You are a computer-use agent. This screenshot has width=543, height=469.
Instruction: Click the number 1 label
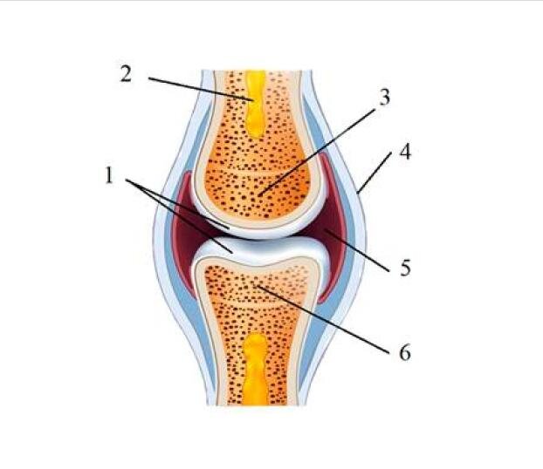[109, 175]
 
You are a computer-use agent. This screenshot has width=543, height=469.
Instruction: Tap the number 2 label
[126, 74]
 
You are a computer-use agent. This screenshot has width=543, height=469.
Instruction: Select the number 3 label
[384, 97]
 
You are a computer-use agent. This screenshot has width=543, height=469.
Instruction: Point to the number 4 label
[405, 152]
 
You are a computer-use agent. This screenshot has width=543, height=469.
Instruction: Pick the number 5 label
[405, 268]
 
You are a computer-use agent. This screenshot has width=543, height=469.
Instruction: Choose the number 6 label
[405, 353]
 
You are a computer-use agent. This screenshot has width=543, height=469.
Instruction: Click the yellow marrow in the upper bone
[257, 104]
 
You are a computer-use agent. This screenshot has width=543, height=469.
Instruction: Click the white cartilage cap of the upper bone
[260, 228]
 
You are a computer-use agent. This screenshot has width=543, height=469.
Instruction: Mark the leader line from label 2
[201, 89]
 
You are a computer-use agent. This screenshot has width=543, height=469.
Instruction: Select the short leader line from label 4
[375, 172]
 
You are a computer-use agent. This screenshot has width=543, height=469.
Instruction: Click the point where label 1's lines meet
[126, 180]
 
